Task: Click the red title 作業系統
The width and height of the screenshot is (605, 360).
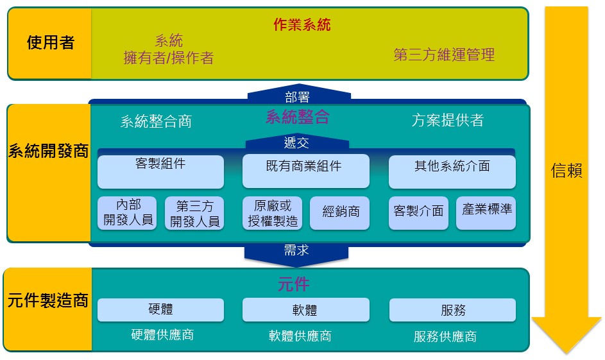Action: pos(302,24)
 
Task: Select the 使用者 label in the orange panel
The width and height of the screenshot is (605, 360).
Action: pos(50,42)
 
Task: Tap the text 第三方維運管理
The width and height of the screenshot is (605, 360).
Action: pos(444,55)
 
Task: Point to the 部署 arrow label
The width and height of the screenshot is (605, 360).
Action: pos(297,97)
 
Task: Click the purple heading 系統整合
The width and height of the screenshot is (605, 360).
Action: pos(298,117)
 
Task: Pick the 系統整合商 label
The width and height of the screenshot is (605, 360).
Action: pos(156,121)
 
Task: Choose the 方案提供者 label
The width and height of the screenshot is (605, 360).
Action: pos(448,120)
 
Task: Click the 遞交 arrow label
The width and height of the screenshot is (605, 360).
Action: pos(296,142)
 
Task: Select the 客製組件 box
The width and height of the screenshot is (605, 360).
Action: pos(160,172)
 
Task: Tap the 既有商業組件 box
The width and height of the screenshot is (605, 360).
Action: pos(305,171)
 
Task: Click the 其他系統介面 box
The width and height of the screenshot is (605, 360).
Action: pos(452,172)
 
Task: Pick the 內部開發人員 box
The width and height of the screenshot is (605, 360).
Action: pos(127,213)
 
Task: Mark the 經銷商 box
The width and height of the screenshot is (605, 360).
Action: pos(339,213)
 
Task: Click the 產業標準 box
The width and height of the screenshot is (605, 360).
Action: pos(486,213)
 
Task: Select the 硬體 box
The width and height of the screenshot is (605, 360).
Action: pos(160,310)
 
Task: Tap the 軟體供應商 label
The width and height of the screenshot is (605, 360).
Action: pos(300,336)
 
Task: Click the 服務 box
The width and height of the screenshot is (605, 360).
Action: pos(452,310)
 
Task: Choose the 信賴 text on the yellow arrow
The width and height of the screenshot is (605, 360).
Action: pos(567,170)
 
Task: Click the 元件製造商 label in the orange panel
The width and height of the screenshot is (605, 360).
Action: pos(48,300)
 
